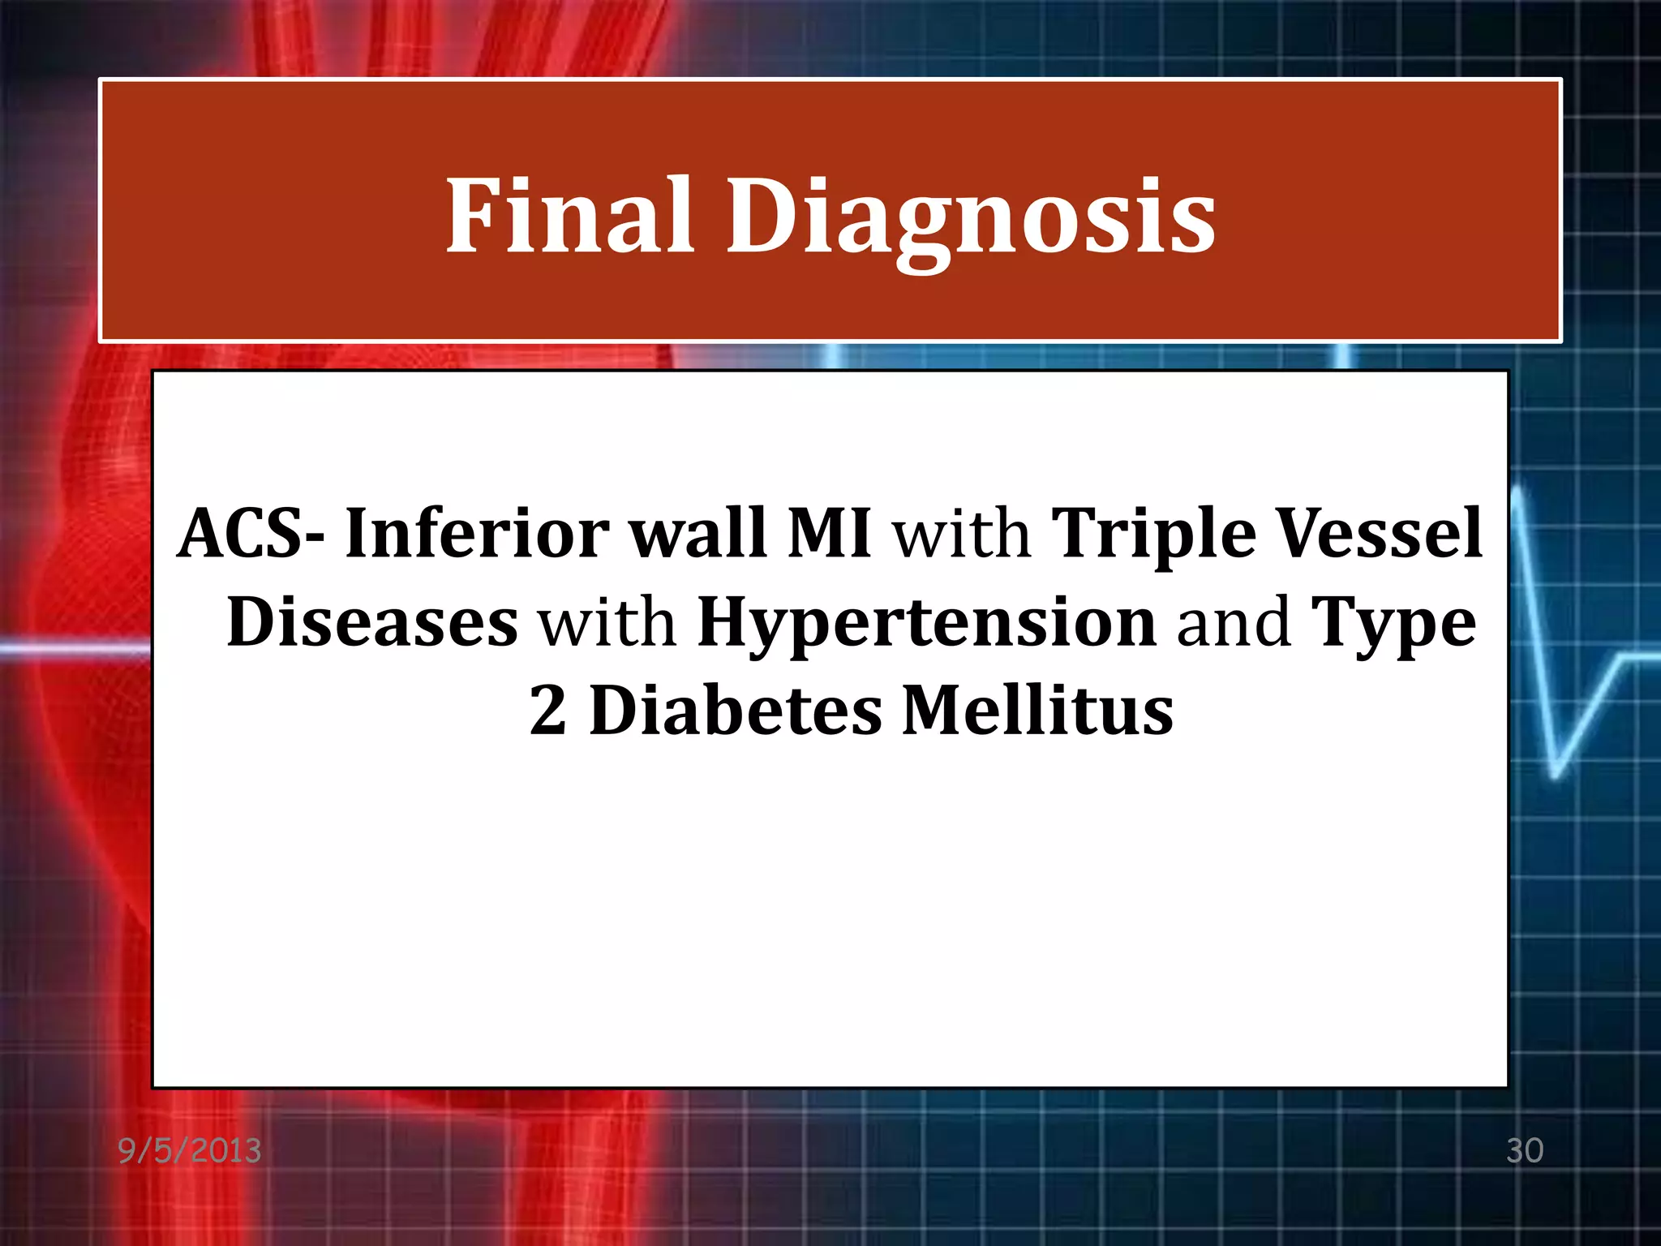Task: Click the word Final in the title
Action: [569, 215]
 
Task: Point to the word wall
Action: [698, 533]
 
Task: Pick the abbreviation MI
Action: [829, 533]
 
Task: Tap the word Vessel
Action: [1380, 533]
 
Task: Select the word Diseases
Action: [372, 622]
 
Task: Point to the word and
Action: [1234, 622]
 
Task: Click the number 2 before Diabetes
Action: [547, 711]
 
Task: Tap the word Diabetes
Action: [735, 711]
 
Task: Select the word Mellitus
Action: [1037, 711]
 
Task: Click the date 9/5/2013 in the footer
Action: [190, 1151]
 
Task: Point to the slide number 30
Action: [1524, 1151]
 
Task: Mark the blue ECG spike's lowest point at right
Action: [1556, 775]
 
